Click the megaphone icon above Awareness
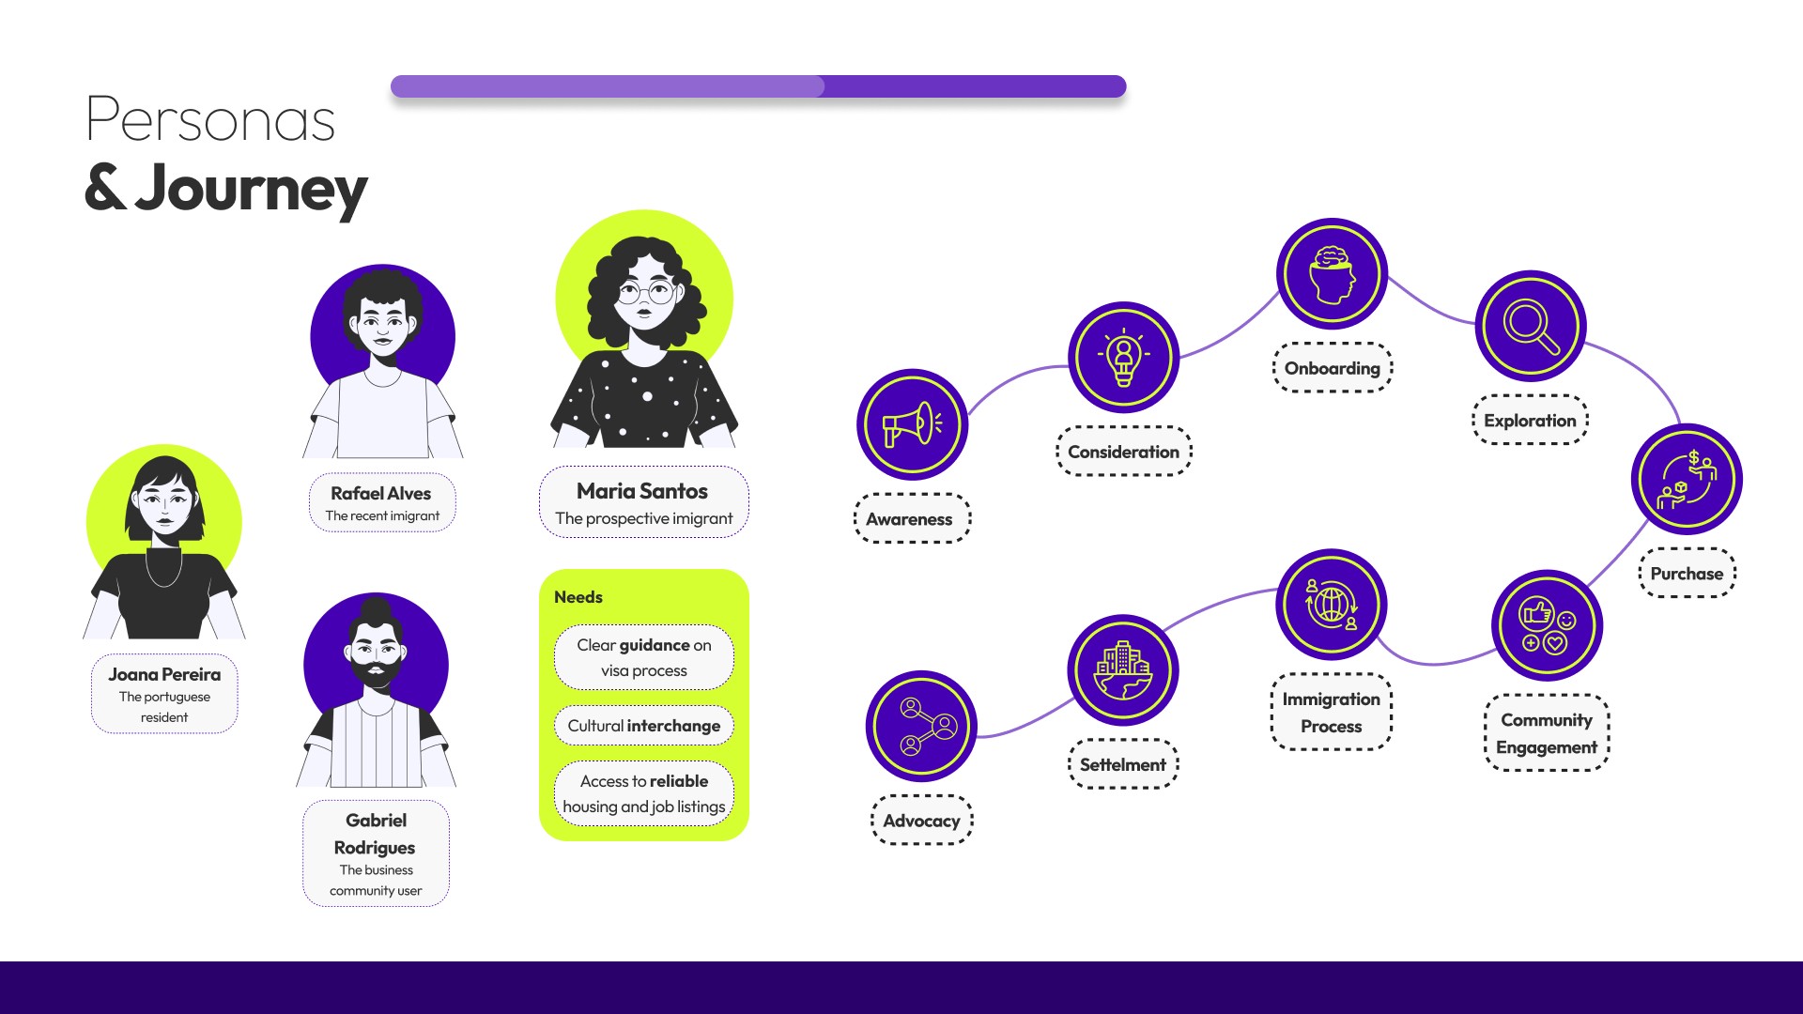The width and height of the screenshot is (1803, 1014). click(x=911, y=424)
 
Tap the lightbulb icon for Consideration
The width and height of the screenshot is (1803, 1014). click(x=1123, y=357)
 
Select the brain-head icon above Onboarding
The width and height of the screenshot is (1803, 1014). click(x=1332, y=273)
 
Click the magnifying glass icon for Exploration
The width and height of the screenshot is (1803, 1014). click(x=1531, y=326)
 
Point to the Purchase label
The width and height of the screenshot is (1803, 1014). click(x=1687, y=573)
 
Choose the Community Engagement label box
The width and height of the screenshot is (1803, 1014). click(x=1546, y=733)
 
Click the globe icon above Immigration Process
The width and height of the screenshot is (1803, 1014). click(x=1331, y=605)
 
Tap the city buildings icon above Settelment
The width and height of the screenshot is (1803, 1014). click(x=1123, y=669)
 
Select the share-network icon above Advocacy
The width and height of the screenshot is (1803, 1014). click(x=921, y=726)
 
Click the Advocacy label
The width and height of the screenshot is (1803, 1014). click(x=921, y=821)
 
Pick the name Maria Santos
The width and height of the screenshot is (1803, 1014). click(x=642, y=491)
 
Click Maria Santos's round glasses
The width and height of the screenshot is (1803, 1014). click(x=644, y=293)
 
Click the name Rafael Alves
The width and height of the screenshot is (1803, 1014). click(x=380, y=493)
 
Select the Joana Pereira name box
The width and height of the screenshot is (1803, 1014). click(x=164, y=693)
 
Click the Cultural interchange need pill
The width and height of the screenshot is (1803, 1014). click(x=644, y=726)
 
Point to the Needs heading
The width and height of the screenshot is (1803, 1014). click(x=578, y=597)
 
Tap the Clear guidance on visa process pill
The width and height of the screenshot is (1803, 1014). click(x=644, y=657)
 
